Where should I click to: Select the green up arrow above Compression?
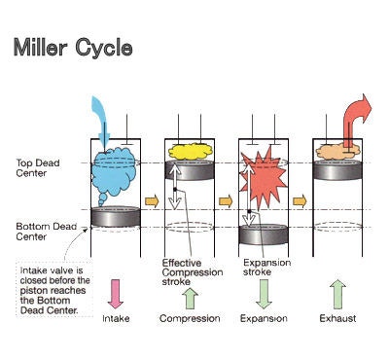click(190, 293)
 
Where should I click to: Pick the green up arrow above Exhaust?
click(336, 293)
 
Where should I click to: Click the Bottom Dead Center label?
click(38, 232)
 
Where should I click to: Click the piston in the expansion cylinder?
click(264, 234)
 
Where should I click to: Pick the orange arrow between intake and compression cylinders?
click(151, 201)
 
